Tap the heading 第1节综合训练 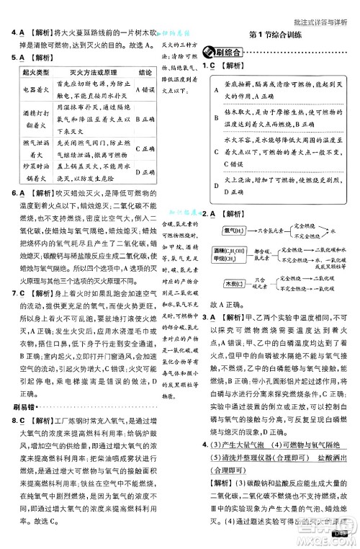pos(276,35)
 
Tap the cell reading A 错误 pos(143,91)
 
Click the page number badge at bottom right pos(341,533)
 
